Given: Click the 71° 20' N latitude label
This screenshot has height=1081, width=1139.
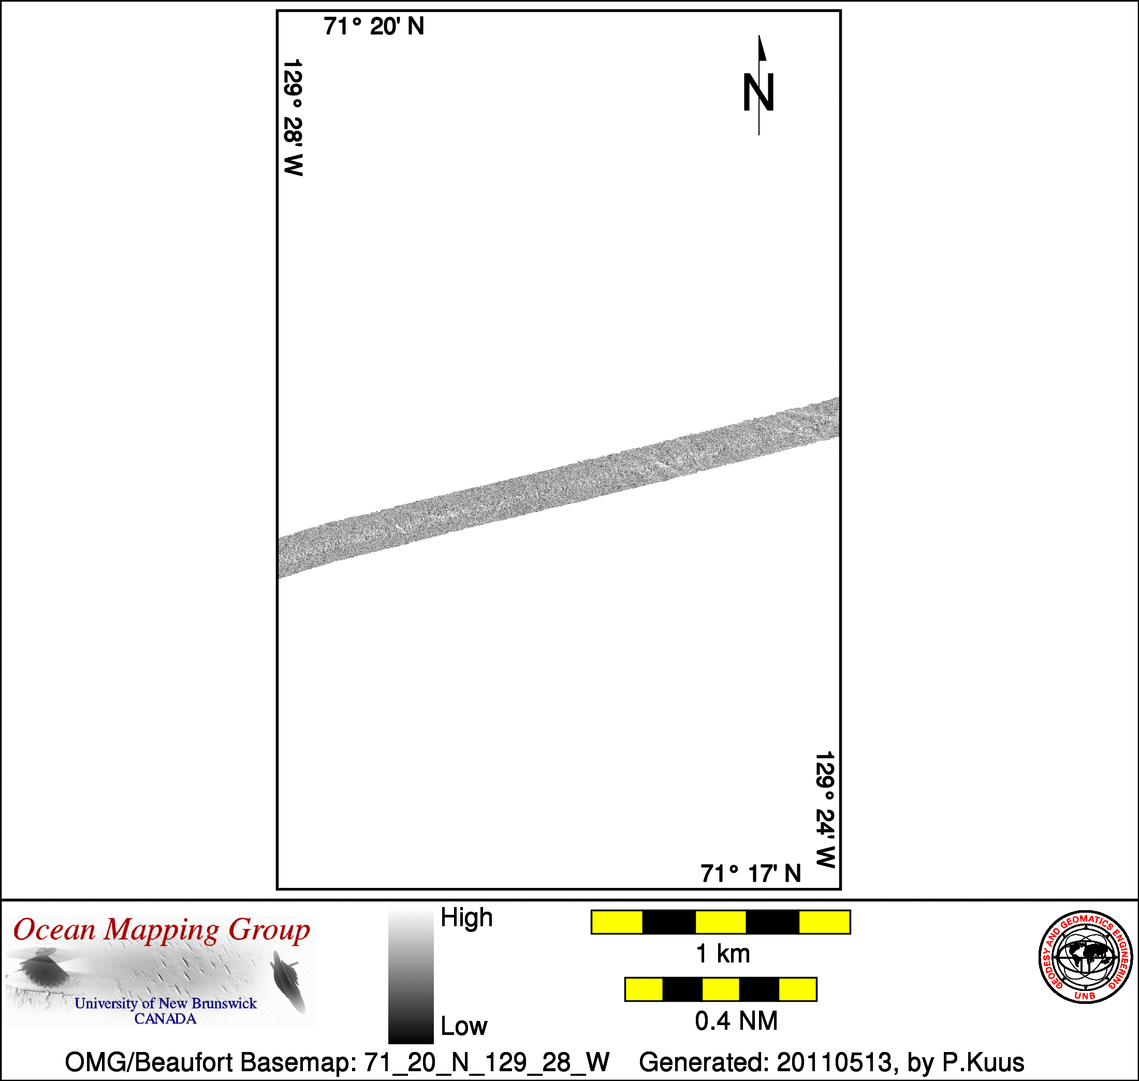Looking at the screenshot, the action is click(373, 26).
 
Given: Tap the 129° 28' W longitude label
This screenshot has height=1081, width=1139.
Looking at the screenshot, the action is click(293, 117).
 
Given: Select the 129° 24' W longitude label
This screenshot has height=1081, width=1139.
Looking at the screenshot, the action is click(825, 810).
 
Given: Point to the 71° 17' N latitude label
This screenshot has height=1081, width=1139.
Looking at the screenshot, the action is click(751, 874).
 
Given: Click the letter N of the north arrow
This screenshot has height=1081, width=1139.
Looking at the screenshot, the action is click(758, 92).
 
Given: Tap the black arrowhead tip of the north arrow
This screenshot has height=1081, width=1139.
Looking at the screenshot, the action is click(759, 36).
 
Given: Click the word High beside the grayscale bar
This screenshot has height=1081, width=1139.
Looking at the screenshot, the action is click(466, 917).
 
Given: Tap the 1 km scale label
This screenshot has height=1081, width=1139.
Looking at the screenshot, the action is click(722, 954).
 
